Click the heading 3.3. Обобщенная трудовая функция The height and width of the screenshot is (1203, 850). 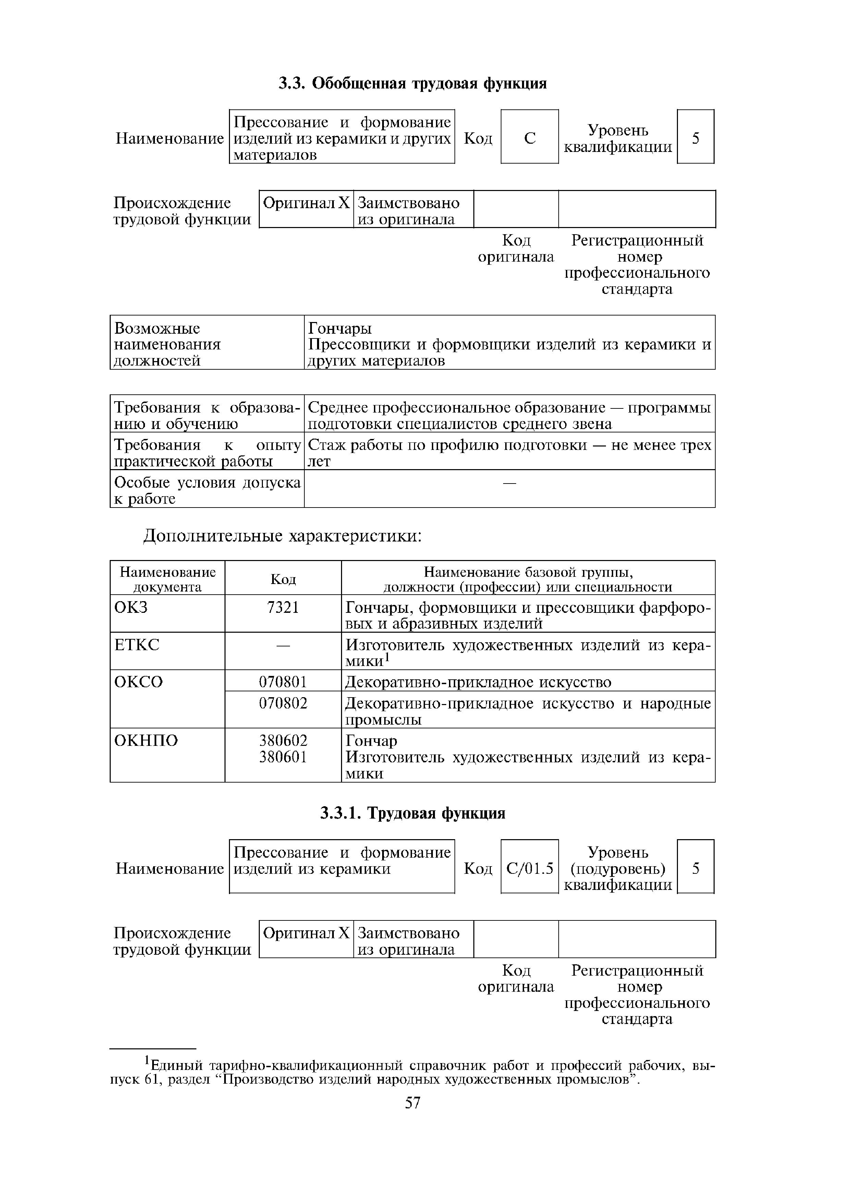[412, 84]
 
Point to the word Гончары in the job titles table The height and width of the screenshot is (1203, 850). [340, 329]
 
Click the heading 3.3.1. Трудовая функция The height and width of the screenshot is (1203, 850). [412, 813]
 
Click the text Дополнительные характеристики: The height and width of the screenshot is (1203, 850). [283, 536]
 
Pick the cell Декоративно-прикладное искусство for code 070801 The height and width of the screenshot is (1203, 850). [478, 682]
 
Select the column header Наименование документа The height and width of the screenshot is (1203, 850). [168, 579]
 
